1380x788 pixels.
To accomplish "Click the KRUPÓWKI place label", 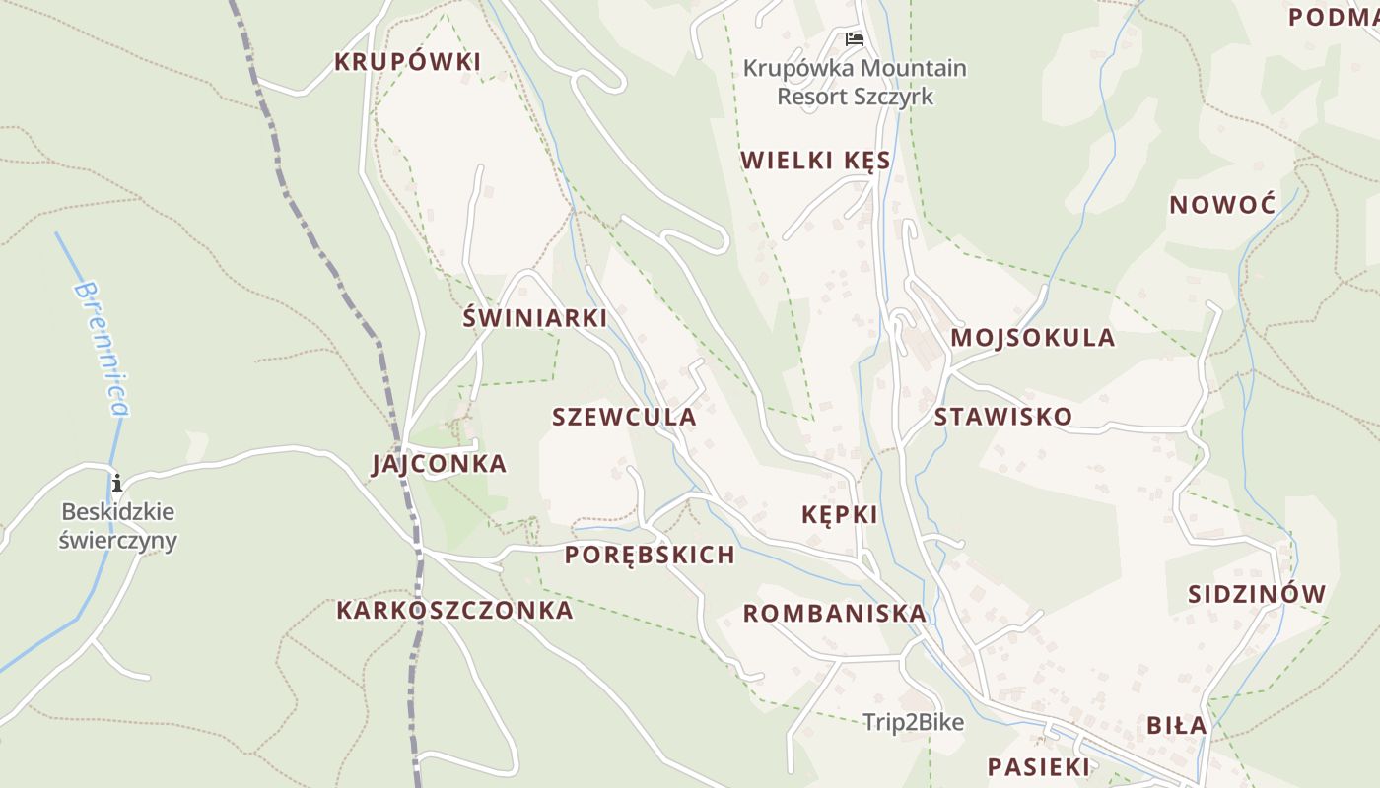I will pos(407,62).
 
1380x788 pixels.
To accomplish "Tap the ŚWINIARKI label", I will pos(534,318).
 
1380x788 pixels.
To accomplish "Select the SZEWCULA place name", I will pos(624,417).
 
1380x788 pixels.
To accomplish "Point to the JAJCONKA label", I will pos(439,464).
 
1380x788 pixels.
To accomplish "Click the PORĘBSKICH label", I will pos(650,555).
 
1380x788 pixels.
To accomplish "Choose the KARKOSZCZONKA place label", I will pos(454,610).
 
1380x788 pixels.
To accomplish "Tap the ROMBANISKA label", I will pos(834,614).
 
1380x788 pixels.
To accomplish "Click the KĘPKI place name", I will pos(839,514).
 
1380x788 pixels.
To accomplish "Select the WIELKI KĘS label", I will pos(815,161).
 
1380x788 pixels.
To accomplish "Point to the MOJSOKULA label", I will pos(1032,338).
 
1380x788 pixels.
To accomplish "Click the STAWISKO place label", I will pos(1002,417).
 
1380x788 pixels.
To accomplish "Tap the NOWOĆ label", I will pos(1222,205).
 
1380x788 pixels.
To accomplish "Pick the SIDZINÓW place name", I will pos(1257,594).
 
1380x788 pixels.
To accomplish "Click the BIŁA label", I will pos(1176,726).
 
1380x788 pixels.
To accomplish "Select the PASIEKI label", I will pos(1039,767).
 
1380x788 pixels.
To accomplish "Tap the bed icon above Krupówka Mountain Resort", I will pos(855,39).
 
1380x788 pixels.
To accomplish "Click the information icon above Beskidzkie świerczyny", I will pos(117,483).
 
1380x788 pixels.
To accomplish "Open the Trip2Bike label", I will pos(913,722).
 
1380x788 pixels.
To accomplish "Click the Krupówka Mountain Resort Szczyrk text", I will pos(855,83).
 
